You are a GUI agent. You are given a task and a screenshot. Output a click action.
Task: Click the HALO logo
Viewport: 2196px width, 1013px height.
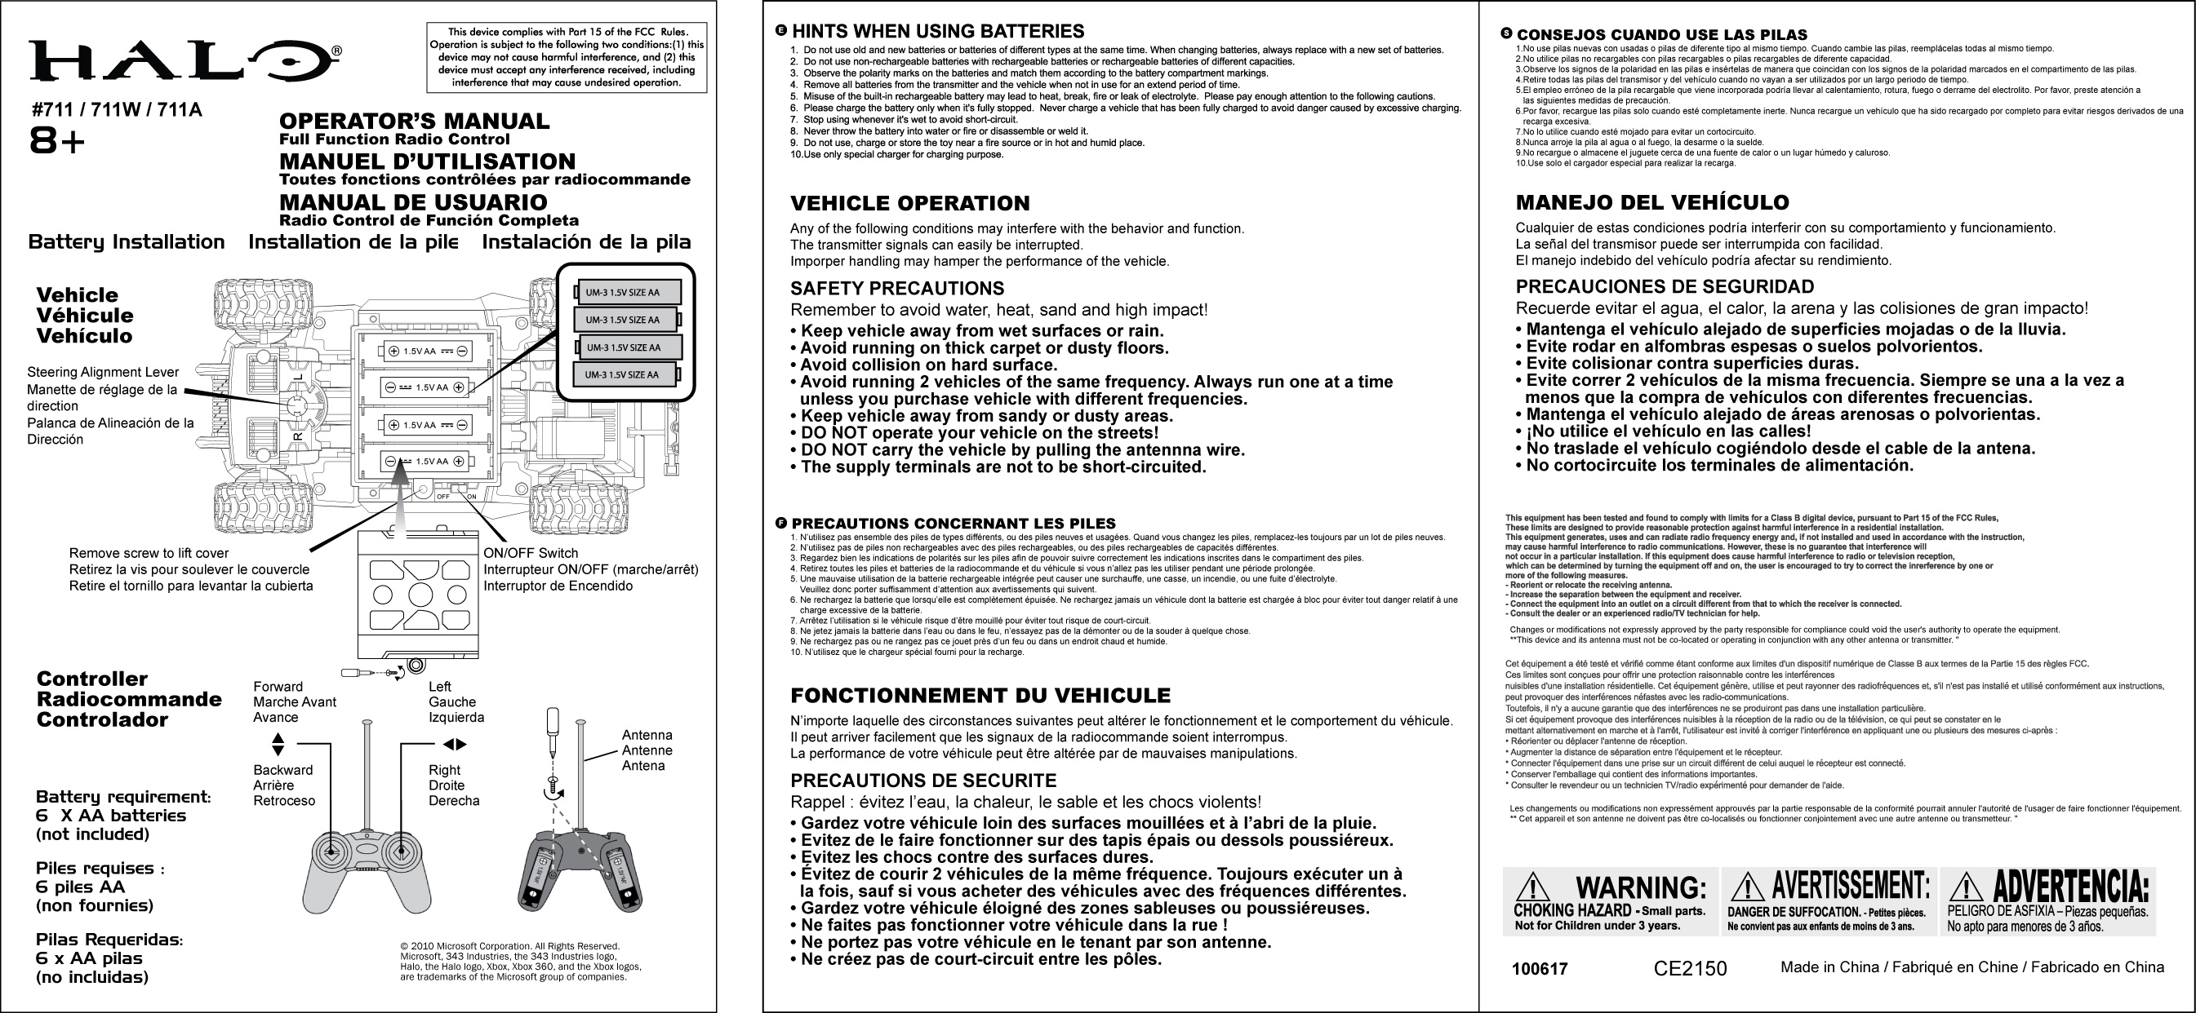point(184,61)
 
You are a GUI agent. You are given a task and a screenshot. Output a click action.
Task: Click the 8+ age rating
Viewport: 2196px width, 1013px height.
point(58,142)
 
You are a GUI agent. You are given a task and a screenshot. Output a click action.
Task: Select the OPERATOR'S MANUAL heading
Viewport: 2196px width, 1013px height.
point(415,122)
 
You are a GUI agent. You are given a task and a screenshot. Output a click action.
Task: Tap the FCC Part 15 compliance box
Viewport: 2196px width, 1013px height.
point(566,57)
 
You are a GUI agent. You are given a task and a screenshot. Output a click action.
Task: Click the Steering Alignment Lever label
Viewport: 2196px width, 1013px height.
point(103,372)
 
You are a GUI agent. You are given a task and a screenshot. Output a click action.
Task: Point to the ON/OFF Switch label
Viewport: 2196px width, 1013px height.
point(531,553)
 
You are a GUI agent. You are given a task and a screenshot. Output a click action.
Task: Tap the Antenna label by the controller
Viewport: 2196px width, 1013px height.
point(647,735)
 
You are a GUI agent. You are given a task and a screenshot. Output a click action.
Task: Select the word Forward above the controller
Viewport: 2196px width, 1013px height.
point(278,687)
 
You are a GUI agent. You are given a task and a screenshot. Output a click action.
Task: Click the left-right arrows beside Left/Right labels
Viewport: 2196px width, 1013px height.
point(457,745)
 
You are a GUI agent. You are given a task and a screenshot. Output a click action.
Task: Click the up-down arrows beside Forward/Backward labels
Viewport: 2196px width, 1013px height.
point(278,745)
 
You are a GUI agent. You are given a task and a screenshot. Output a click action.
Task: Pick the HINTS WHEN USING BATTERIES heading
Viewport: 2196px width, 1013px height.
point(938,32)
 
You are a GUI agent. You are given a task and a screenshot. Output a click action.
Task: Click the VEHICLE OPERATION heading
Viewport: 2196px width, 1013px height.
point(909,204)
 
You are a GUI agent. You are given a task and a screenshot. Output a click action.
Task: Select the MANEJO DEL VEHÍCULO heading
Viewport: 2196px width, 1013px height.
point(1652,203)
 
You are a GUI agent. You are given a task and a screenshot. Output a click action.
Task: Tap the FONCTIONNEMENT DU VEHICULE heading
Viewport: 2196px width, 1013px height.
point(980,696)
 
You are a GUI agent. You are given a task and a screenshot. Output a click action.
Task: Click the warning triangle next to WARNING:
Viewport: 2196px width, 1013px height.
point(1534,887)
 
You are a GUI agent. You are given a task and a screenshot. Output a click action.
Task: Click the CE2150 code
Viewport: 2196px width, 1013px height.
point(1690,969)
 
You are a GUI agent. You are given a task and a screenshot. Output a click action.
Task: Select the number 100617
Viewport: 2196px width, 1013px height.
point(1540,970)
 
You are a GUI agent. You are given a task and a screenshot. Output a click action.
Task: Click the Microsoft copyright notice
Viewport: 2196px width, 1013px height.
point(520,962)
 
